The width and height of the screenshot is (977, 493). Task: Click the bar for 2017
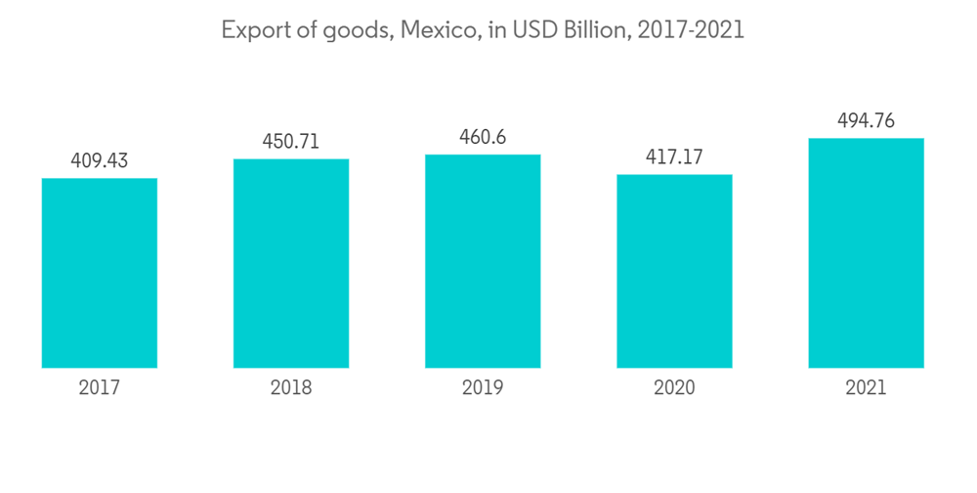tap(100, 273)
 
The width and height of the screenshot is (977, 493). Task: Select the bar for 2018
tap(291, 263)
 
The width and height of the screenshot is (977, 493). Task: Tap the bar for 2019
tap(483, 261)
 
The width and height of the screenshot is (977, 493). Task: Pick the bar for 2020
tap(674, 271)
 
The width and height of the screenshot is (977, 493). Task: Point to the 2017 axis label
tap(100, 388)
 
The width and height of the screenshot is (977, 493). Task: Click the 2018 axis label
tap(291, 388)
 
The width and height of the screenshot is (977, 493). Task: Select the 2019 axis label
tap(483, 388)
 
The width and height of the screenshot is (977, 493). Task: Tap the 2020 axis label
tap(674, 388)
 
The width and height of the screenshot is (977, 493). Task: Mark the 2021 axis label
tap(866, 388)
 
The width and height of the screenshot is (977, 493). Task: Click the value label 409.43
tap(100, 159)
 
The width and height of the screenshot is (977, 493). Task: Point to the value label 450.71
tap(291, 141)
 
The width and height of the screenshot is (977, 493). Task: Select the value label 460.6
tap(483, 137)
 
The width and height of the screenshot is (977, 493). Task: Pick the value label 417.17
tap(674, 157)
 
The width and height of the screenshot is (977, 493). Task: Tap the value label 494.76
tap(866, 121)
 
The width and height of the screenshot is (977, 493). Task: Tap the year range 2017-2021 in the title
tap(690, 30)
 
